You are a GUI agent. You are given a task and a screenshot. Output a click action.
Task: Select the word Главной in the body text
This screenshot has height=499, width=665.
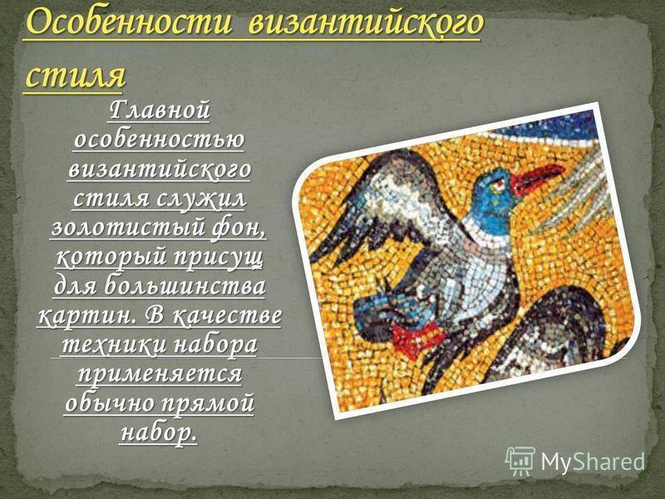click(x=160, y=110)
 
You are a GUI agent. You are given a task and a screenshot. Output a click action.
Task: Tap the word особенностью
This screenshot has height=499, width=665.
click(x=159, y=139)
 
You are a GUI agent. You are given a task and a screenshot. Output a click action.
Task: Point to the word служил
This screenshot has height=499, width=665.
click(x=201, y=198)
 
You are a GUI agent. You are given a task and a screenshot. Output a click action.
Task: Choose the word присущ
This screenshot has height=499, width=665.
click(x=219, y=258)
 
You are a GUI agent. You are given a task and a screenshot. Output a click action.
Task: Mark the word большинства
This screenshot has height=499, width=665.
click(x=185, y=285)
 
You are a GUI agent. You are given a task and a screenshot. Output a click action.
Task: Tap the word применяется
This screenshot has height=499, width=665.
click(x=160, y=373)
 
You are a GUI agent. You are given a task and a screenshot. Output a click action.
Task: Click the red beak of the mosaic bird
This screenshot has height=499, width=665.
click(x=537, y=177)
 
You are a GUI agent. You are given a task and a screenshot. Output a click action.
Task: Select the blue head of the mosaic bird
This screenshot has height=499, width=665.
click(x=494, y=200)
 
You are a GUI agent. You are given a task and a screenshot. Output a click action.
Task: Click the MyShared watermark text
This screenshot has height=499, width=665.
click(x=593, y=462)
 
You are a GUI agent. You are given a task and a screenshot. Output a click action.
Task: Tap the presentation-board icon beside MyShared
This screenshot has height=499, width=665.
click(x=520, y=462)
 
